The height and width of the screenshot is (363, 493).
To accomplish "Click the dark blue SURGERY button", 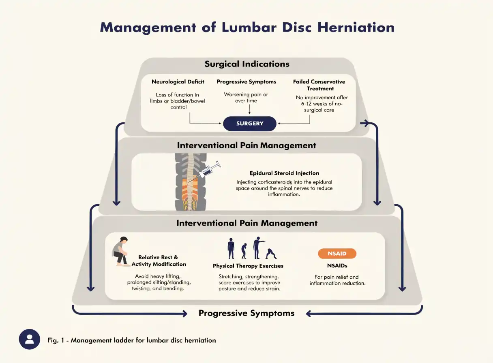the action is click(x=250, y=124).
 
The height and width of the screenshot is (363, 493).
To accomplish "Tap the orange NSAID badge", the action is click(x=337, y=254).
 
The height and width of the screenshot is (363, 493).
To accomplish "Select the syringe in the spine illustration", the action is click(x=210, y=169).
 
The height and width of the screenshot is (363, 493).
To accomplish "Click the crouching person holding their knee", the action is click(x=120, y=251).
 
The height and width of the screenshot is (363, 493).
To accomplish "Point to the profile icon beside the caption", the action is click(x=30, y=339).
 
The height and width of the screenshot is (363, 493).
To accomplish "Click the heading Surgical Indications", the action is click(x=247, y=64).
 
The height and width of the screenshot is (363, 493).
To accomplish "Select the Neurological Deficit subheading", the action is click(x=178, y=82).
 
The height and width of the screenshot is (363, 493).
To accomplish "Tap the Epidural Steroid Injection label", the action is click(x=284, y=173).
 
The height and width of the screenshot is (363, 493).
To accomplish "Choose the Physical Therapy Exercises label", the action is click(x=248, y=266).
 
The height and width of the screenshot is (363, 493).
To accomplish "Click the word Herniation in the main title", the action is click(x=356, y=28).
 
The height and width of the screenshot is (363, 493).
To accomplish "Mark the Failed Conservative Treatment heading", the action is click(x=319, y=85).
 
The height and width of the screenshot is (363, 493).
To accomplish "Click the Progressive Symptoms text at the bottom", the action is click(x=246, y=313).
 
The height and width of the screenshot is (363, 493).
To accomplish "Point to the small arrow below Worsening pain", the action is click(x=249, y=109).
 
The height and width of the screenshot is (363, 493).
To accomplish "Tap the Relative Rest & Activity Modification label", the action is click(x=159, y=261).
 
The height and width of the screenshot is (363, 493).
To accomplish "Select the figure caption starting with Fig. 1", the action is click(x=132, y=340).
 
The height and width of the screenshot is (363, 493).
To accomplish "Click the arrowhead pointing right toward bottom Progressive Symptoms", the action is click(x=184, y=314).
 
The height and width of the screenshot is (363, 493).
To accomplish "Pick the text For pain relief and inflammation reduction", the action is click(x=337, y=280).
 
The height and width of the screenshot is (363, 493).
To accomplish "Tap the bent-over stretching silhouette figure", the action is click(x=271, y=254).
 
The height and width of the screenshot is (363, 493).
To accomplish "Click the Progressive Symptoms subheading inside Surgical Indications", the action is click(x=246, y=82).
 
